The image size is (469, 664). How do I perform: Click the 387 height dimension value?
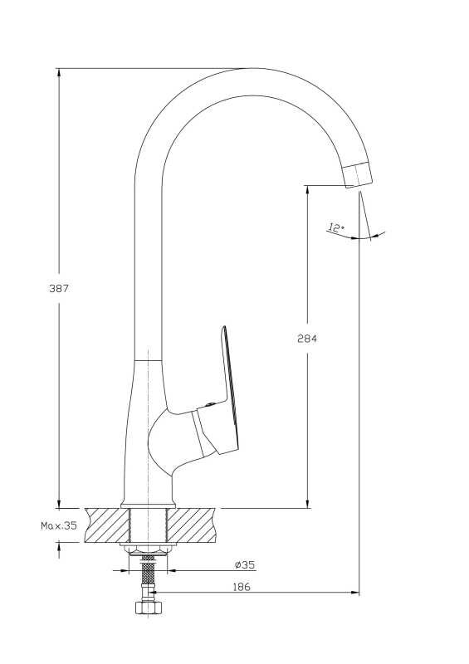click(59, 289)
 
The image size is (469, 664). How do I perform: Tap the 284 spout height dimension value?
click(307, 339)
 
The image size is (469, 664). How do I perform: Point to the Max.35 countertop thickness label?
click(59, 525)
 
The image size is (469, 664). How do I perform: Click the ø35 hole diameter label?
click(245, 564)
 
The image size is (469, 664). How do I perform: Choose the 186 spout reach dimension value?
click(242, 587)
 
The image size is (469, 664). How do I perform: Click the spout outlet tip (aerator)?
click(358, 174)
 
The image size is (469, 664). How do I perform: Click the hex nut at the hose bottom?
click(148, 607)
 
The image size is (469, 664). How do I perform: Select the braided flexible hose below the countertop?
click(148, 577)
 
